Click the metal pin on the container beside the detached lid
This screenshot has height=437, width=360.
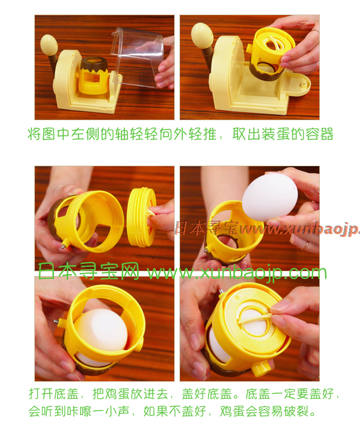pyautogui.click(x=64, y=246)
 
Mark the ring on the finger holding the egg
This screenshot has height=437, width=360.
pyautogui.click(x=305, y=245)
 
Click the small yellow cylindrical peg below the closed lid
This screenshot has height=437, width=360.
pyautogui.click(x=261, y=368)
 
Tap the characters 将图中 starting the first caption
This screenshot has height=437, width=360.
pyautogui.click(x=49, y=134)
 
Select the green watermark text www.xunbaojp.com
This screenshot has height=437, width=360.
pyautogui.click(x=237, y=272)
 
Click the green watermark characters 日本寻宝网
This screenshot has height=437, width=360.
pyautogui.click(x=88, y=271)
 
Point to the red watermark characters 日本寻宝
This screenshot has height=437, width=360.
pyautogui.click(x=206, y=228)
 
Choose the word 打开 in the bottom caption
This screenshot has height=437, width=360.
pyautogui.click(x=41, y=394)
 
